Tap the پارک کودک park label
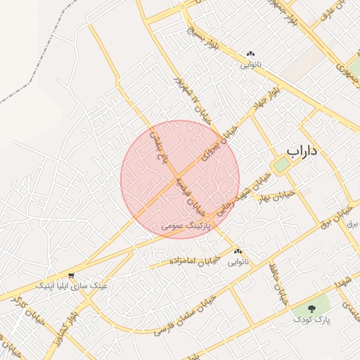313,321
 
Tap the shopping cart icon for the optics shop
71,275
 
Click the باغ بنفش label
160,148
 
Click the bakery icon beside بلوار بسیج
250,54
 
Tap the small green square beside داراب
281,165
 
